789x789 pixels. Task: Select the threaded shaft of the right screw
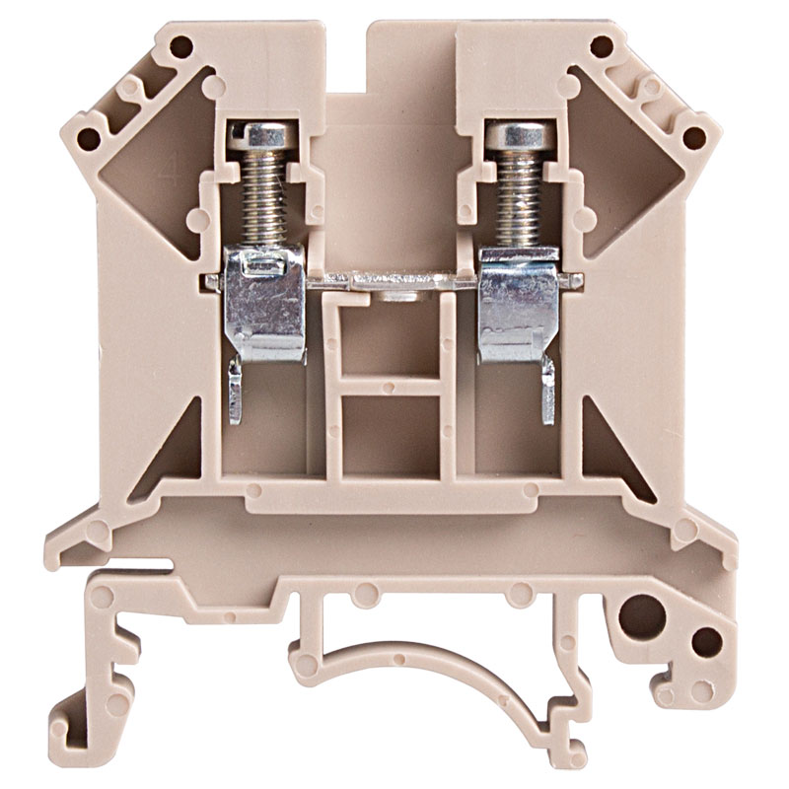522,193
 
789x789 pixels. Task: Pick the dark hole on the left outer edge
88,137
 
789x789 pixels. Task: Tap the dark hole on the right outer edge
695,137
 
